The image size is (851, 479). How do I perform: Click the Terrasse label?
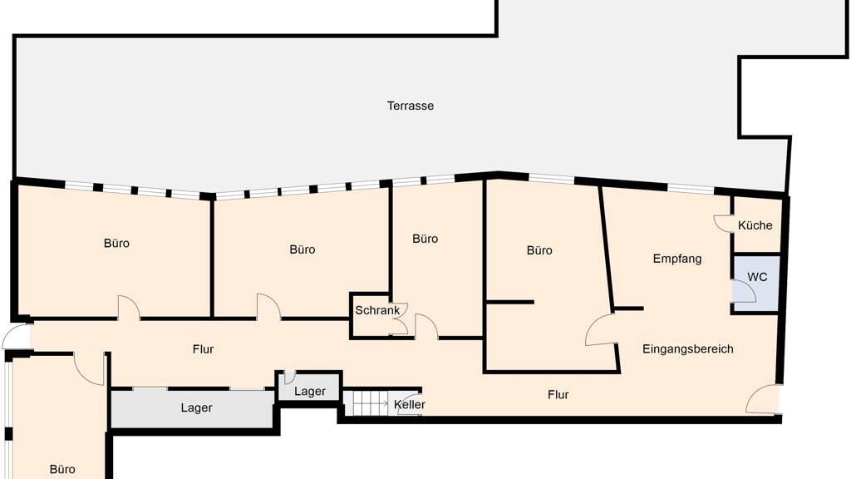tap(411, 106)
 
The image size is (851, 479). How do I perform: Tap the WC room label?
tap(757, 277)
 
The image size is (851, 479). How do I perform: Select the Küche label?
tap(755, 225)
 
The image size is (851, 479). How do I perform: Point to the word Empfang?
tap(676, 259)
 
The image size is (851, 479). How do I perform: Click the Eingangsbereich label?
tap(687, 348)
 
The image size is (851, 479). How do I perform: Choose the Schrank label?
tap(377, 311)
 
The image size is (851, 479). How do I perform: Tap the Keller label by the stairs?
tap(410, 405)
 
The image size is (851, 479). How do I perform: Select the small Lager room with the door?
tap(310, 387)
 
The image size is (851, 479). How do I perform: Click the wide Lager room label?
tap(196, 407)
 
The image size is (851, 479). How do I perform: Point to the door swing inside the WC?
tap(743, 290)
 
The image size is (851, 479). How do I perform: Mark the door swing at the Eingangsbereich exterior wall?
tap(763, 399)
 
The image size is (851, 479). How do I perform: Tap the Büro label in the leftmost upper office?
tap(116, 244)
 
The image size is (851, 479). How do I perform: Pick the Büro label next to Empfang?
tap(539, 250)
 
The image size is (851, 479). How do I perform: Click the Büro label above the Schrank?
tap(425, 239)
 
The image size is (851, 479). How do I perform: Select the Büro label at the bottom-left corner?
tap(62, 469)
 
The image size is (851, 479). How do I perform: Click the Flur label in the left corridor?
tap(203, 349)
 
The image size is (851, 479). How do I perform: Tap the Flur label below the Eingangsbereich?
tap(558, 395)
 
